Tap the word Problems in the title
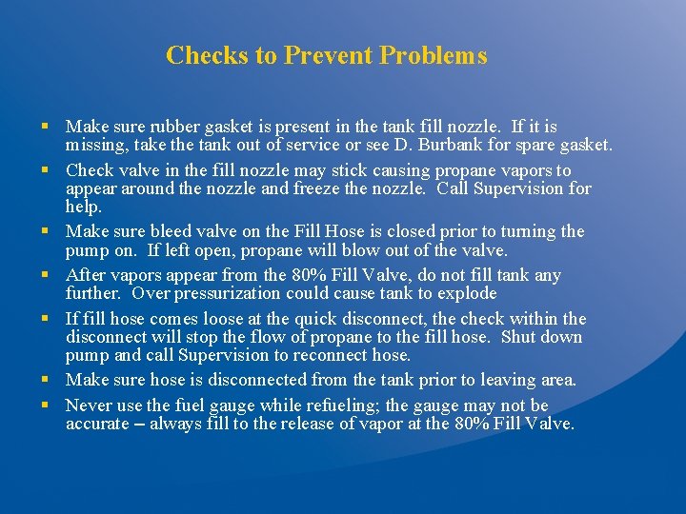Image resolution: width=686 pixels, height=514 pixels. tap(434, 55)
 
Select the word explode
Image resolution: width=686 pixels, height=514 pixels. tap(469, 293)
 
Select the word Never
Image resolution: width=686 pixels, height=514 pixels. tap(87, 405)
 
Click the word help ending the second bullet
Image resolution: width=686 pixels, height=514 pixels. tap(83, 207)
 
